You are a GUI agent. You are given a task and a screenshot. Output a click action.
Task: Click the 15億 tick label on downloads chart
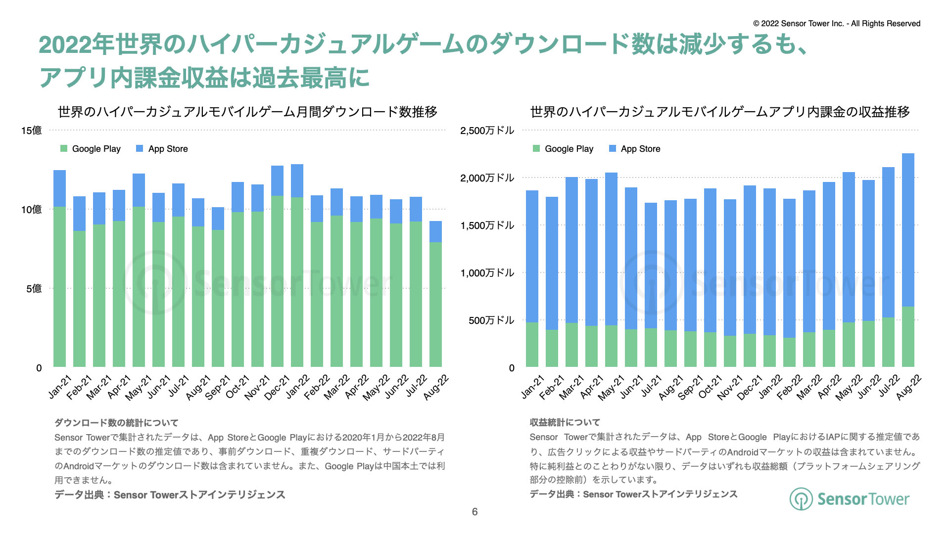31,131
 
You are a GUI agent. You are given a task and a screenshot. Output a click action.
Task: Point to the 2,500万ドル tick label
487,131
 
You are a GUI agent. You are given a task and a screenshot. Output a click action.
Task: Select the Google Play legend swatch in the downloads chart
64,149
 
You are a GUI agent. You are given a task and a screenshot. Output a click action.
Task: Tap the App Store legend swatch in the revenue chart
613,149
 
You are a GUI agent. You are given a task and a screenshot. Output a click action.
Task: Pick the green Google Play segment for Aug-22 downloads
435,304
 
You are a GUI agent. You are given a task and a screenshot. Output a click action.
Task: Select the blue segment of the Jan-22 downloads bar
297,181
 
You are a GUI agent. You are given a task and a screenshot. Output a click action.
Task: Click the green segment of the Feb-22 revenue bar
789,352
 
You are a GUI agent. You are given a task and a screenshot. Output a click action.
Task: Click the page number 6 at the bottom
475,512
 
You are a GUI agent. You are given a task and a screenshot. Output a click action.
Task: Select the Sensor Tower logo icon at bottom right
801,499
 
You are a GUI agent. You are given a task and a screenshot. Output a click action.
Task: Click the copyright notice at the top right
837,23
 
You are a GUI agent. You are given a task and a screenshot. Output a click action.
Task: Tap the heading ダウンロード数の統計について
116,423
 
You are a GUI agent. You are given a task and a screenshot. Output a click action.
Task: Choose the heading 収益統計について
565,422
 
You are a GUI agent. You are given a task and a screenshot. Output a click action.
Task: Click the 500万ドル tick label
491,320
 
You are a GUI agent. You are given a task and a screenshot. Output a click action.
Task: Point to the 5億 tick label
34,289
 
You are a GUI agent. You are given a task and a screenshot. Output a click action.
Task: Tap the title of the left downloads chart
247,112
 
